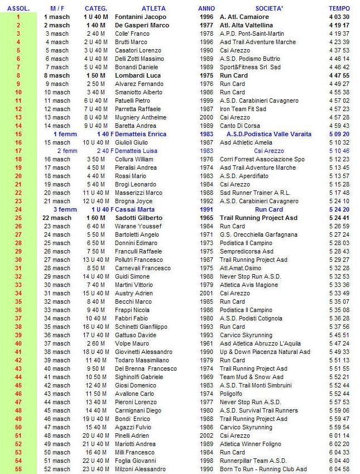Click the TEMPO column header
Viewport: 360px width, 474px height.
pos(339,8)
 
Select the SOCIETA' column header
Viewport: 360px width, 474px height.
pos(269,8)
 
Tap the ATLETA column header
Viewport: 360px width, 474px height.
pos(153,8)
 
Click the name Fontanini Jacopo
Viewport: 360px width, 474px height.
pos(141,17)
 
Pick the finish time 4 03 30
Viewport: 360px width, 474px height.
pos(339,17)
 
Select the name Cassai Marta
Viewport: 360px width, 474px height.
pos(133,209)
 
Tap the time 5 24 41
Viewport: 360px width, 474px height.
pos(339,218)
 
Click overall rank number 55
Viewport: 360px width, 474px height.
pos(18,469)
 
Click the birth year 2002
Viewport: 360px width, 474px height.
pos(206,435)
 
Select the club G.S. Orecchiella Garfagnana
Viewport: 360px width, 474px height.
pos(258,234)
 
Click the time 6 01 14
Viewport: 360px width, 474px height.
pos(339,435)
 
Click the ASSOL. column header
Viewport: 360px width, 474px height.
pos(18,8)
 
